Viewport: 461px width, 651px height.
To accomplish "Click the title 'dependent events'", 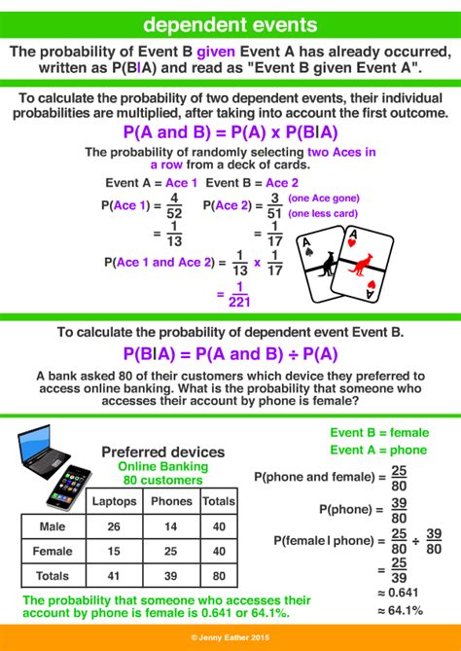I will pyautogui.click(x=230, y=21).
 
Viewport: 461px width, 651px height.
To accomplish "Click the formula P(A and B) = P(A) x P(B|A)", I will pyautogui.click(x=230, y=134).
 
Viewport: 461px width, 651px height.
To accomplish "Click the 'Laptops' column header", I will pyautogui.click(x=114, y=502).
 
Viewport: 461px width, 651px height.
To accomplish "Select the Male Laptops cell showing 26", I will pyautogui.click(x=114, y=526).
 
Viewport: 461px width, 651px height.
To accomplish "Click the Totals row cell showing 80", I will pyautogui.click(x=219, y=576).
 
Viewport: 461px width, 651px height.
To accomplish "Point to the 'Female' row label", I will pyautogui.click(x=54, y=551).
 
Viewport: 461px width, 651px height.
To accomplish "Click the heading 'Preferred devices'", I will pyautogui.click(x=162, y=452).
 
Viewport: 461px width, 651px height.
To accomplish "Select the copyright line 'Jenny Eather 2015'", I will pyautogui.click(x=230, y=637).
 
